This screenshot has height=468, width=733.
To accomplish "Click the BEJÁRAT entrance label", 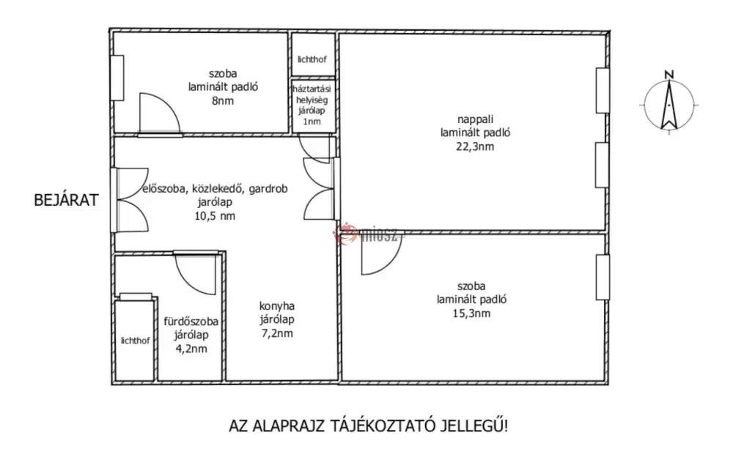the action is [x=67, y=200].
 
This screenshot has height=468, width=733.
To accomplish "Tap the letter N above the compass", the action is [x=669, y=75].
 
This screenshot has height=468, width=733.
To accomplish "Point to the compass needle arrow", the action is [x=669, y=105].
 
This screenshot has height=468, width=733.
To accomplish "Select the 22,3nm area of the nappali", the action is [x=475, y=146].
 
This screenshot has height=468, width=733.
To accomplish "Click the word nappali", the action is [x=476, y=120].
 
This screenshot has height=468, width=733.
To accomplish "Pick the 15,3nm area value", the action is [x=471, y=313].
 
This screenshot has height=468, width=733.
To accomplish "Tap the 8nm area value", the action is [x=223, y=101].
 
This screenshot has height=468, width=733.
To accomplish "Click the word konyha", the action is [x=277, y=306].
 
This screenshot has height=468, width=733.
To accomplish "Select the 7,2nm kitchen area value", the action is [x=277, y=333].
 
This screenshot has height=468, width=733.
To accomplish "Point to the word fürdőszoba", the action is [x=191, y=322].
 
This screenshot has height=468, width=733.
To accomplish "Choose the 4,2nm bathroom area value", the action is [x=191, y=349].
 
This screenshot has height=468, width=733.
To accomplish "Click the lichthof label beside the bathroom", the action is [x=135, y=341].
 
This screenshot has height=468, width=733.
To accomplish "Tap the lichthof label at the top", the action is [x=312, y=59].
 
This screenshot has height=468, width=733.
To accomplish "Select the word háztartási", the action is [x=312, y=89].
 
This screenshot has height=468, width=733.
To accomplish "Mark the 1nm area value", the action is [x=312, y=122].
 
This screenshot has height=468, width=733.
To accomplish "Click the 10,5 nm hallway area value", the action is [x=215, y=216].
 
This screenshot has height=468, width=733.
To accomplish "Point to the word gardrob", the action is [x=268, y=189].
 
